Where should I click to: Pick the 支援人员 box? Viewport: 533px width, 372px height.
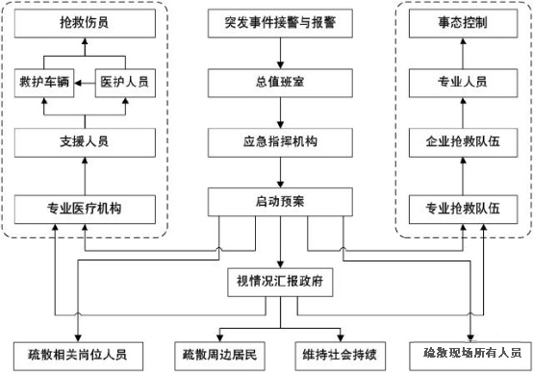84,141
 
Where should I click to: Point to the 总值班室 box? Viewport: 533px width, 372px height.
280,81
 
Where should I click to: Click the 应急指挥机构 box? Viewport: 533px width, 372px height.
280,141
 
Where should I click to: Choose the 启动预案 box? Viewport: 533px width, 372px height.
280,203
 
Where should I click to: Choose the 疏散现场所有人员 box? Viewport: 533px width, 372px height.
470,353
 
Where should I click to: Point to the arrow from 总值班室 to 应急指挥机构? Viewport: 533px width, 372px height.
280,112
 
